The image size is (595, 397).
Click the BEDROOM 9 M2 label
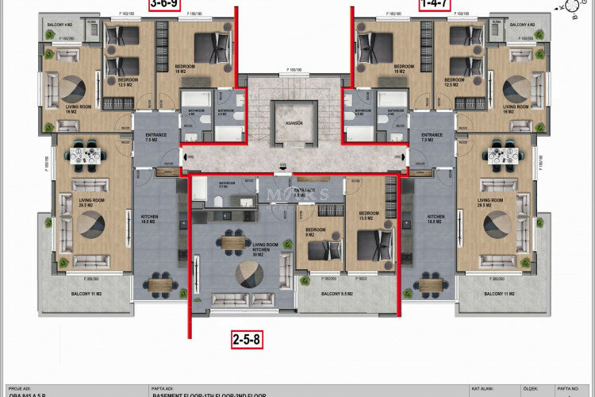(315, 233)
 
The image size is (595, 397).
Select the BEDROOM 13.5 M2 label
(369, 215)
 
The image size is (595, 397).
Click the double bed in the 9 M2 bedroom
(321, 250)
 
